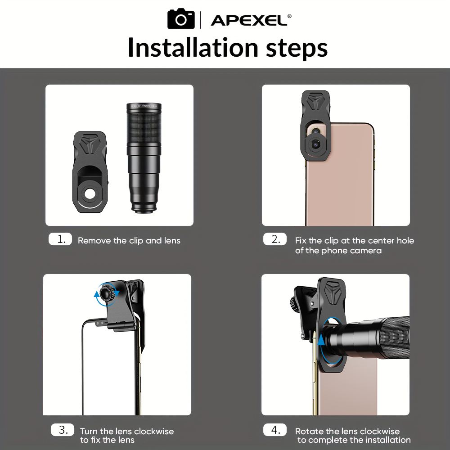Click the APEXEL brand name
click(x=249, y=20)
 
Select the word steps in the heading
click(x=297, y=49)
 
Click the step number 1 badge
click(x=60, y=239)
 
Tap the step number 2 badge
click(x=275, y=239)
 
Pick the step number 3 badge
click(x=63, y=430)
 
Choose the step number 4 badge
click(x=275, y=430)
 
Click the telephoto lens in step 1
click(x=144, y=158)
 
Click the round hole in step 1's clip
click(x=90, y=193)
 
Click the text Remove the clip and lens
click(x=129, y=240)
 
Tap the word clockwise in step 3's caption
click(x=154, y=431)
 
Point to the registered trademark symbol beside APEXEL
click(x=289, y=16)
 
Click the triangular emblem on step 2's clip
click(x=315, y=101)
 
